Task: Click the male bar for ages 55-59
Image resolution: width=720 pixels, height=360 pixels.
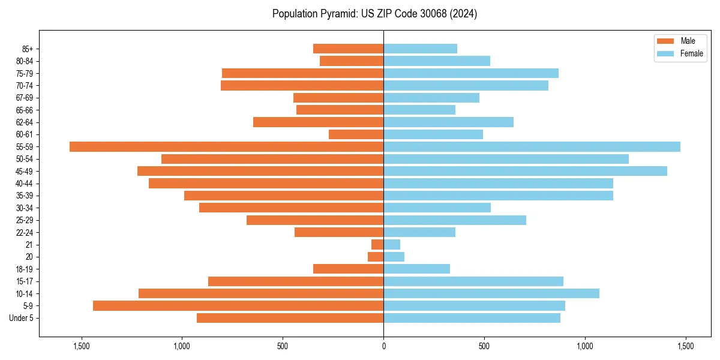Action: click(x=226, y=146)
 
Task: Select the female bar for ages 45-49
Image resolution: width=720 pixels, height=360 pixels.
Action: click(x=525, y=171)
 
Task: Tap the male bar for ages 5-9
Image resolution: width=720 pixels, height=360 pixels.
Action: click(x=238, y=305)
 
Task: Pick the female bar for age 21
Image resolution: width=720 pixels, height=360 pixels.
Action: click(x=392, y=244)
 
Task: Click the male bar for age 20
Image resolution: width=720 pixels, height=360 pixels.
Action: click(x=376, y=257)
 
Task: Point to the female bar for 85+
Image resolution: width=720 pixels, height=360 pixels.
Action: click(x=420, y=49)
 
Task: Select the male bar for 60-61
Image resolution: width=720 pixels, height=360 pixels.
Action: click(x=356, y=134)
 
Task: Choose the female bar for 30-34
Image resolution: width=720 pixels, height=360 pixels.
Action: click(x=437, y=208)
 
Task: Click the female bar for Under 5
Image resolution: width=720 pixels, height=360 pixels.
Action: click(x=472, y=318)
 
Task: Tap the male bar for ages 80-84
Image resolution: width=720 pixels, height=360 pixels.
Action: click(x=352, y=61)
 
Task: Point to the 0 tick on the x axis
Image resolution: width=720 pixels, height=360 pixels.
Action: click(x=383, y=346)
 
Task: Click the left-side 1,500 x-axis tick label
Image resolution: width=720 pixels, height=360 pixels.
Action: click(x=81, y=346)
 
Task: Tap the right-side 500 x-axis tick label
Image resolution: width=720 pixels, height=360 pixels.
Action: click(x=484, y=346)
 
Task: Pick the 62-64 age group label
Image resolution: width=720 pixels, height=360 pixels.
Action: click(x=24, y=122)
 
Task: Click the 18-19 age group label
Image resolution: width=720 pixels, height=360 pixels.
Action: click(x=24, y=269)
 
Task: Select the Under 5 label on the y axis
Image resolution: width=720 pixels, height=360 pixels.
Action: click(x=21, y=318)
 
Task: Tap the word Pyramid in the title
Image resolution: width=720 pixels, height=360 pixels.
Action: click(x=337, y=13)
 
